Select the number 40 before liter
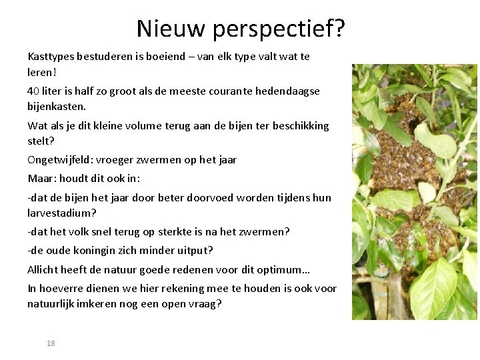(x=33, y=91)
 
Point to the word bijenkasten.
(x=57, y=107)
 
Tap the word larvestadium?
(x=62, y=213)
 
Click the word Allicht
(x=42, y=270)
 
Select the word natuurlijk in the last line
(x=51, y=304)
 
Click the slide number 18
(x=51, y=343)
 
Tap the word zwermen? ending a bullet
(x=266, y=232)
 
